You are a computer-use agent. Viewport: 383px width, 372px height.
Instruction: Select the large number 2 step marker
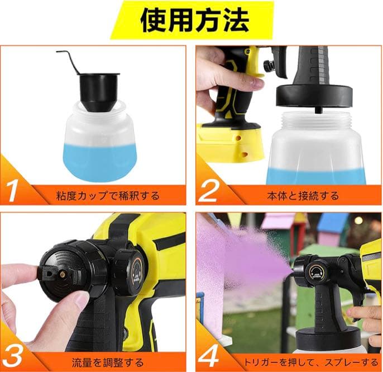208,190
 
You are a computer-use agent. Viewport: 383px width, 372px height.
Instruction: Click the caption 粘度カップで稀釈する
108,196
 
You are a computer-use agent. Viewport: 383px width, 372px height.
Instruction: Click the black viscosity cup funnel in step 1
98,90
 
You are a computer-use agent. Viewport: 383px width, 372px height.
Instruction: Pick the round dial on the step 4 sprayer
317,271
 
